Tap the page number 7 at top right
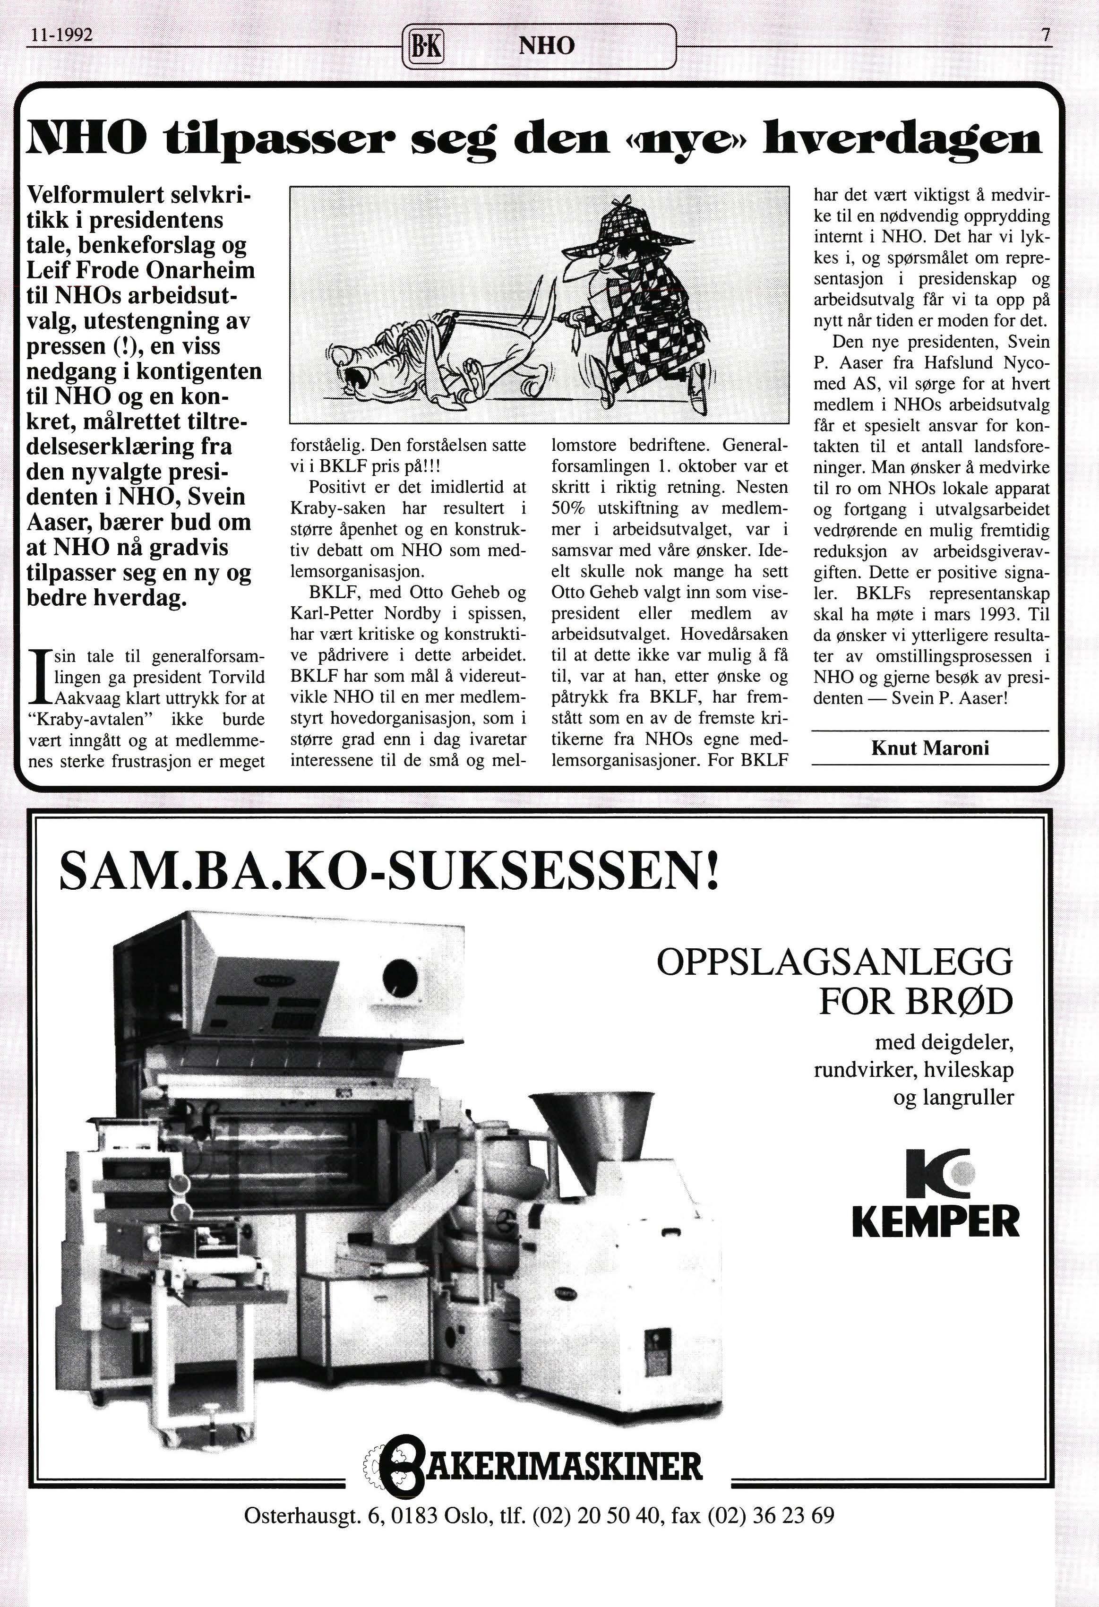[x=1045, y=35]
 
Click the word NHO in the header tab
[x=546, y=46]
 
